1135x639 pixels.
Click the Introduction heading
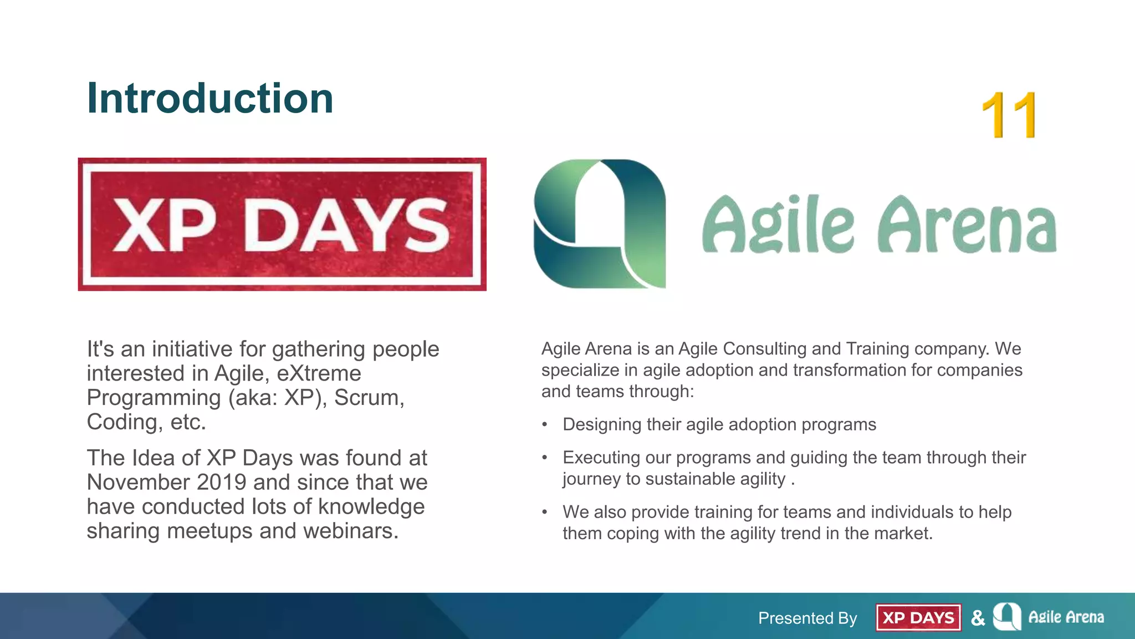tap(210, 99)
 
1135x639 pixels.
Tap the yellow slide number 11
tap(1009, 115)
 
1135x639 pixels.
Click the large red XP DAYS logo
tap(282, 224)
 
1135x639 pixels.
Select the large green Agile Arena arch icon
tap(600, 224)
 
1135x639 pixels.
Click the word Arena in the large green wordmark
tap(967, 225)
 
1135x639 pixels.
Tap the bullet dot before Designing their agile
tap(545, 425)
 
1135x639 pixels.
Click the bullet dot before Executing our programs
tap(545, 458)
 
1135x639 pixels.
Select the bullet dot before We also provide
tap(545, 513)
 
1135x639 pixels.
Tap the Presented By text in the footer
tap(807, 618)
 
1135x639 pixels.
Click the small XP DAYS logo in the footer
tap(918, 617)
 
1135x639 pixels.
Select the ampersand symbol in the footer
tap(978, 617)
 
